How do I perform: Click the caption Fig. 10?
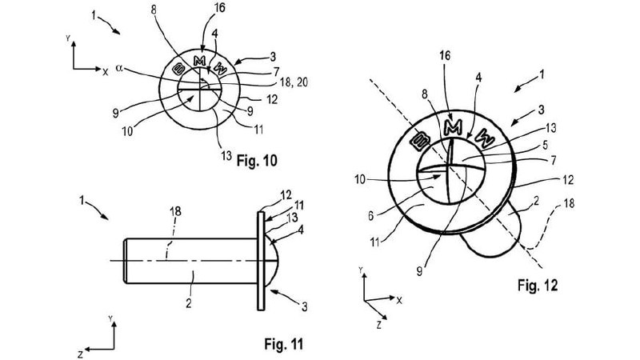pos(257,161)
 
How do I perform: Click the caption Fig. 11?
pos(284,344)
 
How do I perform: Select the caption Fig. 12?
pos(538,285)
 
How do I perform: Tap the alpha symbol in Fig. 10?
pos(119,68)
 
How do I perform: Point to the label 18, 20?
pos(294,83)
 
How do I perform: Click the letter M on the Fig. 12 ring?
pos(453,128)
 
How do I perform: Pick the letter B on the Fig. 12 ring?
pos(421,142)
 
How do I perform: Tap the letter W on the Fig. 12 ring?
pos(485,138)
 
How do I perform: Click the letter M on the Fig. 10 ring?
pos(199,62)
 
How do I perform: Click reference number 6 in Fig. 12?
pos(371,215)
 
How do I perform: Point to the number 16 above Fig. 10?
pos(219,8)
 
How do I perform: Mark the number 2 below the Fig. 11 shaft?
pos(188,304)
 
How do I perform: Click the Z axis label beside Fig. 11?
pos(81,353)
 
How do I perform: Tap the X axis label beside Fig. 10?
pos(106,72)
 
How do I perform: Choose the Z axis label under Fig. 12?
pos(379,325)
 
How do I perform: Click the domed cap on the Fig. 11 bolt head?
pos(273,260)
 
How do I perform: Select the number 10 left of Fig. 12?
pos(359,179)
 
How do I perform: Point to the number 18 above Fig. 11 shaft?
pos(175,211)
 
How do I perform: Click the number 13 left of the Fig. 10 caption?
pos(226,155)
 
